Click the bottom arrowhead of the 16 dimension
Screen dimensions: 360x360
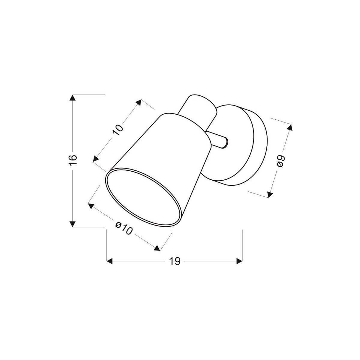[72, 224]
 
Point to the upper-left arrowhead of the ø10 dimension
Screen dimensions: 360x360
[91, 205]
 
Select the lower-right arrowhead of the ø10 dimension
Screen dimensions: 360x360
[156, 248]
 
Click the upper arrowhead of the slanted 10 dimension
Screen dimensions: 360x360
[138, 103]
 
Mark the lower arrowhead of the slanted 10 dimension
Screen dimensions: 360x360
[96, 159]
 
